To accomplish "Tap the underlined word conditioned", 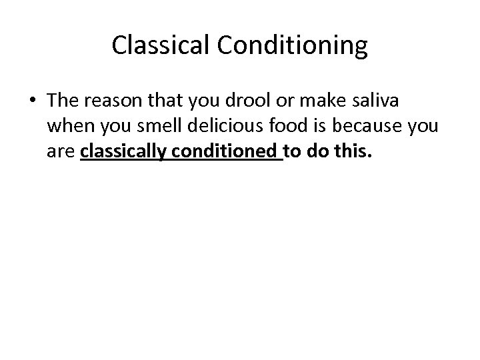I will (x=223, y=154).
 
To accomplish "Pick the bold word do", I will (x=317, y=154).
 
